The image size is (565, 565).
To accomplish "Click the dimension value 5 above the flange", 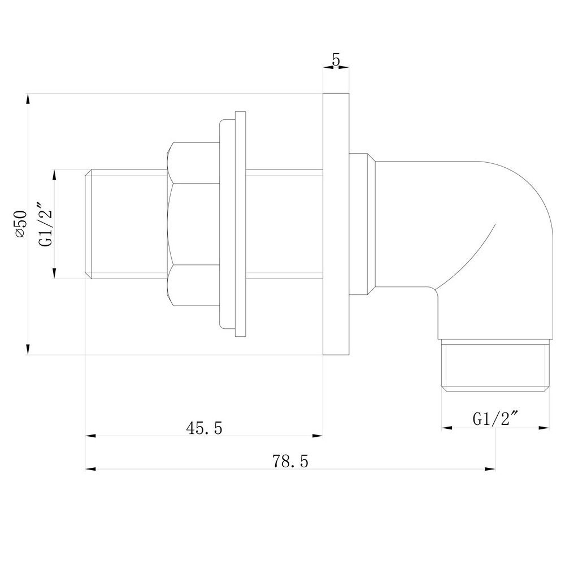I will coord(336,60).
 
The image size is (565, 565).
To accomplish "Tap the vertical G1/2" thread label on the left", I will coord(45,224).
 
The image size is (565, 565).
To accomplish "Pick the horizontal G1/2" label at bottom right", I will coord(496,419).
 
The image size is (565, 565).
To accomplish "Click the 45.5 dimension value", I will coord(204,429).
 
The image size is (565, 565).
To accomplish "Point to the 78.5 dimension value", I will coord(290,462).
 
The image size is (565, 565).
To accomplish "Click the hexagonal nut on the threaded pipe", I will coord(193,224).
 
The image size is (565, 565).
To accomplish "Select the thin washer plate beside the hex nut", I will coord(241,224).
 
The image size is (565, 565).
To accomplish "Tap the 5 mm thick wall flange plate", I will coord(336,224).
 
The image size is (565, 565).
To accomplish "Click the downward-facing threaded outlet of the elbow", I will coord(496,367).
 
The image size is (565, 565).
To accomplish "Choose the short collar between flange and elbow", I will coord(362,224).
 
